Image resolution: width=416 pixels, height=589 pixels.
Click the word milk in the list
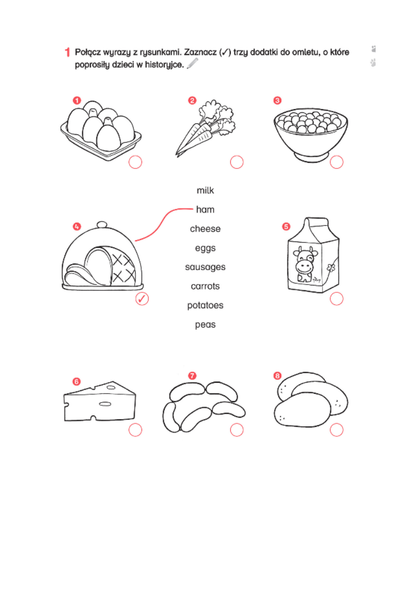tap(205, 191)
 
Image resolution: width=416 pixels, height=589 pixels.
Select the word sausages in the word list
tap(205, 267)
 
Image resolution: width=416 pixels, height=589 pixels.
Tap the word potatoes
tap(205, 306)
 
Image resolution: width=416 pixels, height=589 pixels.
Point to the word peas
tap(205, 325)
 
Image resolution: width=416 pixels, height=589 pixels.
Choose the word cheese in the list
tap(205, 229)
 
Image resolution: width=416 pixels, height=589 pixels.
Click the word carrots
tap(205, 286)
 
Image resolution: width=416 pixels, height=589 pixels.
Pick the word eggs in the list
tap(205, 248)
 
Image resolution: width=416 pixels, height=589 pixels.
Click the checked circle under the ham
tap(142, 299)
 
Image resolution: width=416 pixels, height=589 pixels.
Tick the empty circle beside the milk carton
tap(336, 299)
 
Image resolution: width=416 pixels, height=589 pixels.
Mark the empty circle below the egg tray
tap(135, 162)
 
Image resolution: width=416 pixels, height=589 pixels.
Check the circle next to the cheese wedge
tap(135, 430)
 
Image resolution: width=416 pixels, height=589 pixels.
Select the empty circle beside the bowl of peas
tap(336, 162)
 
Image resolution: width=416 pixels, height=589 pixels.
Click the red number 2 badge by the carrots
tap(192, 100)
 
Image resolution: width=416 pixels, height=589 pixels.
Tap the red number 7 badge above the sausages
tap(192, 376)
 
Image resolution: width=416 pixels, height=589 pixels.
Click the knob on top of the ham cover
tap(102, 225)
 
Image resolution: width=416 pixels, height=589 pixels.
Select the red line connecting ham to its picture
tap(158, 221)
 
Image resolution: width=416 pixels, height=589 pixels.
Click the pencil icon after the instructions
tap(192, 64)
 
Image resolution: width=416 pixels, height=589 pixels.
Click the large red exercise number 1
tap(67, 52)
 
